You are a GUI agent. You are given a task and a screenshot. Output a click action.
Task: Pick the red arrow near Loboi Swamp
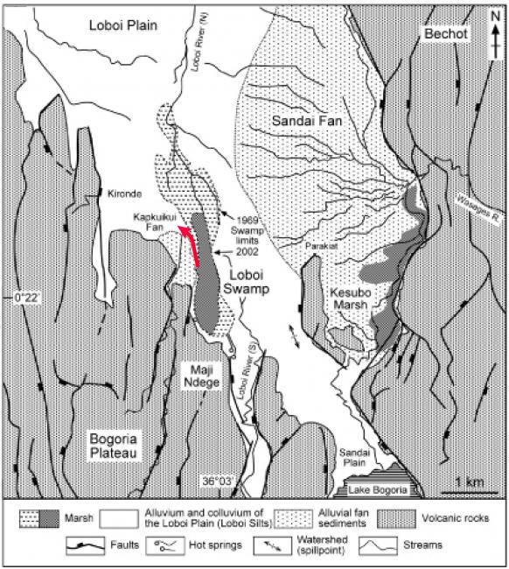[193, 245]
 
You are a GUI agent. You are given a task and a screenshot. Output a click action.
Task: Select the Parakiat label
[324, 247]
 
